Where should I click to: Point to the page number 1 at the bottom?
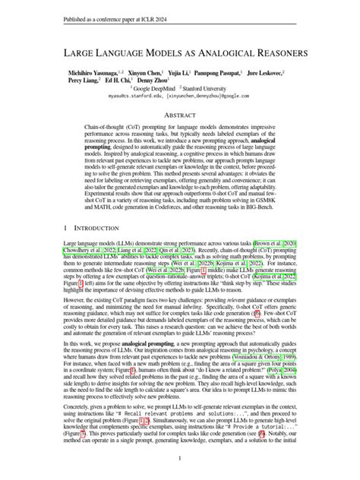pyautogui.click(x=180, y=459)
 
